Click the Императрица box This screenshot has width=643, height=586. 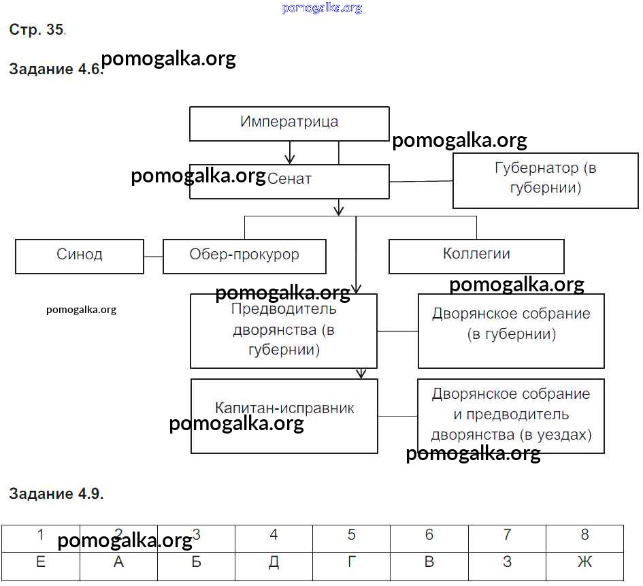[289, 123]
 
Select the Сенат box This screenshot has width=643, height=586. [289, 180]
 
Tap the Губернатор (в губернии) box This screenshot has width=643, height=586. [545, 178]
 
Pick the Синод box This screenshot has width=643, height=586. [80, 256]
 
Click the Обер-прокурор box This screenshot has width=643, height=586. [244, 256]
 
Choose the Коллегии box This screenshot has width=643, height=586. [476, 256]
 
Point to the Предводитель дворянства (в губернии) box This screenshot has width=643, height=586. [284, 331]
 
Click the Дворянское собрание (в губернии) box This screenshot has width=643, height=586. [511, 331]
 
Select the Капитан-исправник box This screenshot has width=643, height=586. [284, 416]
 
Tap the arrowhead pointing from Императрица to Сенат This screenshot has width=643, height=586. [290, 159]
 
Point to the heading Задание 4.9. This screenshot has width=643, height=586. [56, 494]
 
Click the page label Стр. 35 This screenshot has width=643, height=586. [37, 30]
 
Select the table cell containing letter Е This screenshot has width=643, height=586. [41, 562]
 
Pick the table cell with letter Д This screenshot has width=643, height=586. [274, 562]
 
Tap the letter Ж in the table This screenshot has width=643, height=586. [584, 562]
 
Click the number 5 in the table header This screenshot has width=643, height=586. [351, 535]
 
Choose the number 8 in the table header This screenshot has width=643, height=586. [584, 535]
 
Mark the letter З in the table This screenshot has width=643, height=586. [507, 562]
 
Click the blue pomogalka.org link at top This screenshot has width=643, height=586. [321, 8]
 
